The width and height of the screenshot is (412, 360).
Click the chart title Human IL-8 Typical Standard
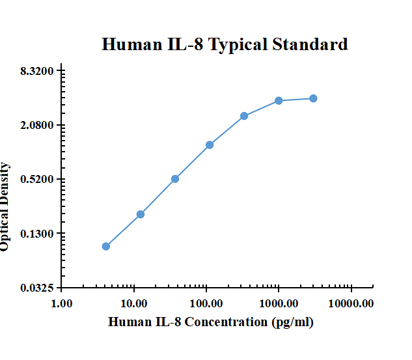225,44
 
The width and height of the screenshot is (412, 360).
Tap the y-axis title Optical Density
5,206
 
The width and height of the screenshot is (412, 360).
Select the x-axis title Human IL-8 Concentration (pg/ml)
210,322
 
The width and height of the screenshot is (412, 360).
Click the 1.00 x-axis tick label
62,303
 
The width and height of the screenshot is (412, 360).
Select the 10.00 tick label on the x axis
134,303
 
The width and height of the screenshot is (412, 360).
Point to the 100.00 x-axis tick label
206,303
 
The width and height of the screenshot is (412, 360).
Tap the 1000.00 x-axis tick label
279,303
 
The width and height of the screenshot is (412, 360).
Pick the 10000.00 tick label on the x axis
351,303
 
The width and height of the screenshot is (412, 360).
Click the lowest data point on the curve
106,246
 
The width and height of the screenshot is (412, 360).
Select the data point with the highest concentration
313,98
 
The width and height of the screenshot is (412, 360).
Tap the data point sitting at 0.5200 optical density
175,179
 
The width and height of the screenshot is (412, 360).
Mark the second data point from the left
141,214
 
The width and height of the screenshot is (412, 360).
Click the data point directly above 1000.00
279,100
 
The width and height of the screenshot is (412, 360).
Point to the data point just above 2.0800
244,116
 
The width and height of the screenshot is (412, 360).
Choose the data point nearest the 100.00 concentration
210,145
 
